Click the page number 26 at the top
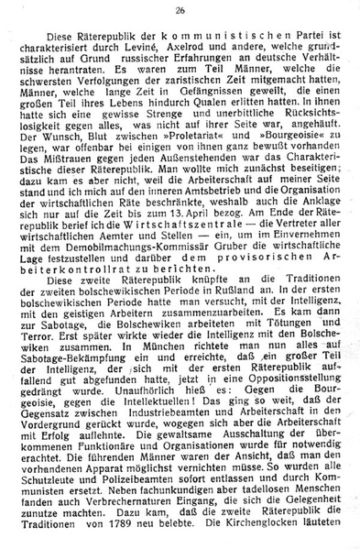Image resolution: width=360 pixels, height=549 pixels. pos(180,10)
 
